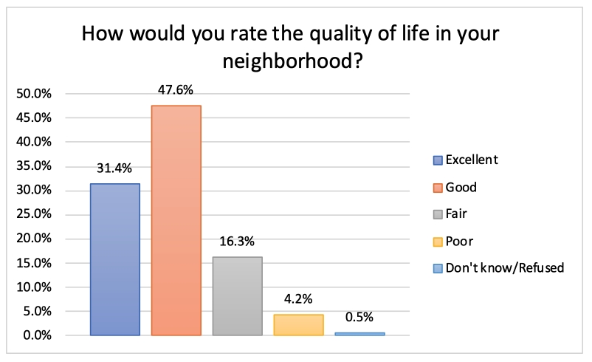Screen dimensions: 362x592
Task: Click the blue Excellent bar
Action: [114, 259]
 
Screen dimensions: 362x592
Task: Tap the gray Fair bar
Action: [237, 296]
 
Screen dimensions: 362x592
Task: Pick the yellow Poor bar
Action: [298, 325]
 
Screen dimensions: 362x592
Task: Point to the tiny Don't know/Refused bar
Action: [359, 334]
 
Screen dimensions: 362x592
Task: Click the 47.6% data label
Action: [176, 90]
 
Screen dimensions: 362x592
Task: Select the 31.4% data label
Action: [114, 168]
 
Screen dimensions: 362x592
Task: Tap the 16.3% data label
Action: [237, 242]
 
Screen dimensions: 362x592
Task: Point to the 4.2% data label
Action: [298, 299]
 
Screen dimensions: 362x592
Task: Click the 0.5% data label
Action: [359, 318]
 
